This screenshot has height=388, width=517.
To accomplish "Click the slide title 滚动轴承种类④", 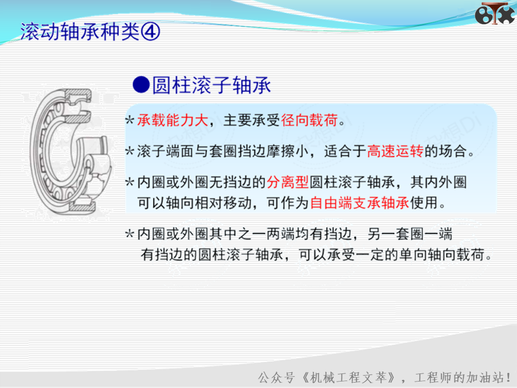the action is coord(90,32).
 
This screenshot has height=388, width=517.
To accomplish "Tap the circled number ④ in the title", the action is coord(150,32).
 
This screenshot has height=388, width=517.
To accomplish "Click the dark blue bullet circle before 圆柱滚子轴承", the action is coord(141,85).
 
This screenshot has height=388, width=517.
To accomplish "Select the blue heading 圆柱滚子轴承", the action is coord(211,85).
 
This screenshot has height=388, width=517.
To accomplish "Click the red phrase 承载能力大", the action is coord(172,120).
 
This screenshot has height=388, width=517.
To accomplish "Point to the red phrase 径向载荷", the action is coord(309,120).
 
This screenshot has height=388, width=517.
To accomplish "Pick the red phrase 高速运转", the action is coord(395,151).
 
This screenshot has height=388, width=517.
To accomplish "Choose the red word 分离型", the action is coord(288,182).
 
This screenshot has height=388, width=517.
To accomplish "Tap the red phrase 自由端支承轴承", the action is coord(360,203).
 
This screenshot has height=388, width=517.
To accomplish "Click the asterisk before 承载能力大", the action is coord(130,120).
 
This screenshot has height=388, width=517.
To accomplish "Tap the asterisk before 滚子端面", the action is coord(130,151).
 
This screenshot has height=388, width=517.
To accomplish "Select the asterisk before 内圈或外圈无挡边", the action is coord(130,183).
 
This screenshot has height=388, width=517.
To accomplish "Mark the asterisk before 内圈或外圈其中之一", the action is coord(130,234).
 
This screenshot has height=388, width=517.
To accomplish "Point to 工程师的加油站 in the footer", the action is coord(459,377).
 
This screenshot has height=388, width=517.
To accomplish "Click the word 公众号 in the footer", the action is coord(276,377).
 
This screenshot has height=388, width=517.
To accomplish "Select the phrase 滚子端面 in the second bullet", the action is coord(165,151).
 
